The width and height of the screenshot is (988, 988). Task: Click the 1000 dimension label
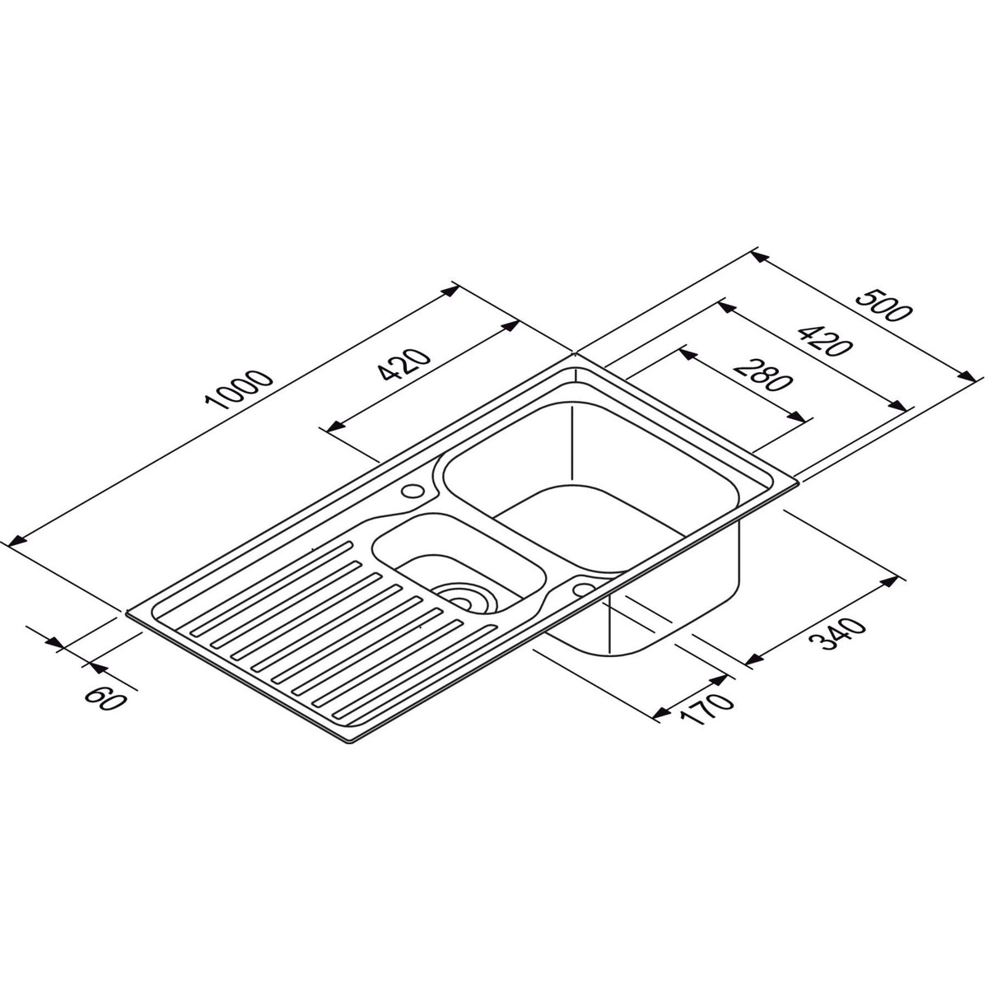coord(240,391)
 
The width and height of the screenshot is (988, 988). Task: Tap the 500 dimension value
coord(884,306)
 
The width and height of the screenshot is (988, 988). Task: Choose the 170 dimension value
coord(706,706)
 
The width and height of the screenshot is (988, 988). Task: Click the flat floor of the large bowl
coord(593,527)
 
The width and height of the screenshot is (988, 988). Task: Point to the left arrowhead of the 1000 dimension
coord(12,543)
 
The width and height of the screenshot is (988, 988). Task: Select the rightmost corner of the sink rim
coord(797,482)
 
